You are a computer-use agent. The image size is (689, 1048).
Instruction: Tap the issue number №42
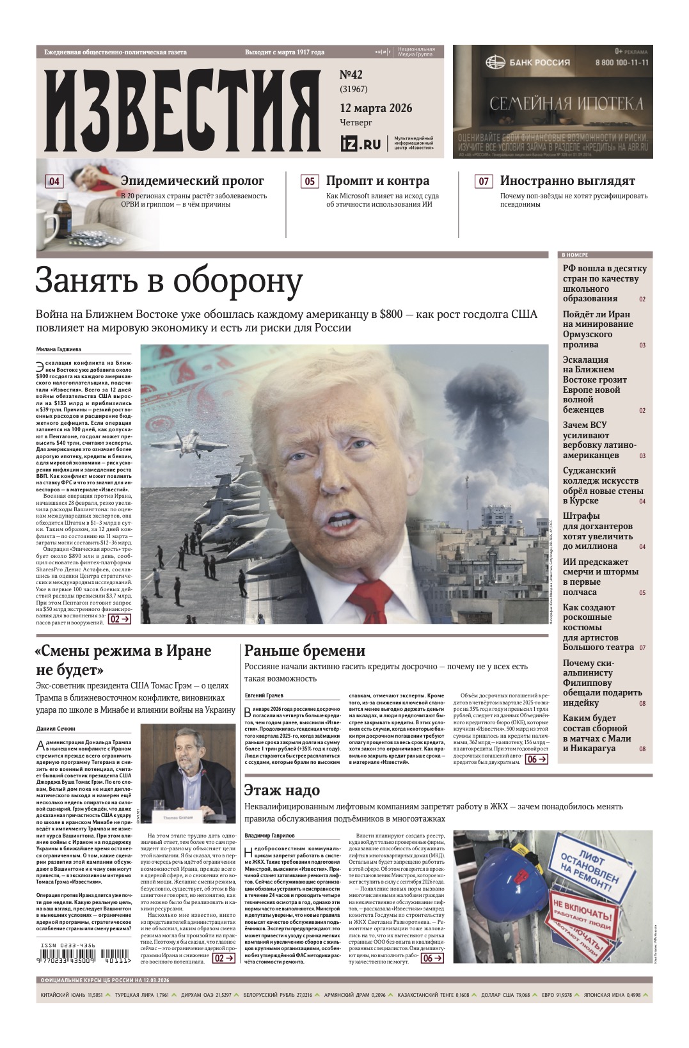[351, 75]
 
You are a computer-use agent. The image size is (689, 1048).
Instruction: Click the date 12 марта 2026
[376, 107]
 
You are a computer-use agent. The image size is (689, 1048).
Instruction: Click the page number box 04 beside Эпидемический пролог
[54, 181]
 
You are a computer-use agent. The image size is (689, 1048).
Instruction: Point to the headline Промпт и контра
[377, 181]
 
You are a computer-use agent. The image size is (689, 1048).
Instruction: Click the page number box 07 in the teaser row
[484, 181]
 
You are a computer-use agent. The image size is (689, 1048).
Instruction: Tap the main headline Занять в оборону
[169, 281]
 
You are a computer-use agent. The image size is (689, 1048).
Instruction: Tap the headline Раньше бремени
[305, 651]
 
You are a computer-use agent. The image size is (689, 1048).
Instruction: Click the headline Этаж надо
[282, 790]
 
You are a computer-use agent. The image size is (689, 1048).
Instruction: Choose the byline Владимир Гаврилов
[270, 835]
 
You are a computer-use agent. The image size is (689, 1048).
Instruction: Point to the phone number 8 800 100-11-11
[621, 63]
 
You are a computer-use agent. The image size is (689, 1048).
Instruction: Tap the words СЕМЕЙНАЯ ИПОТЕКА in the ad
[567, 104]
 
